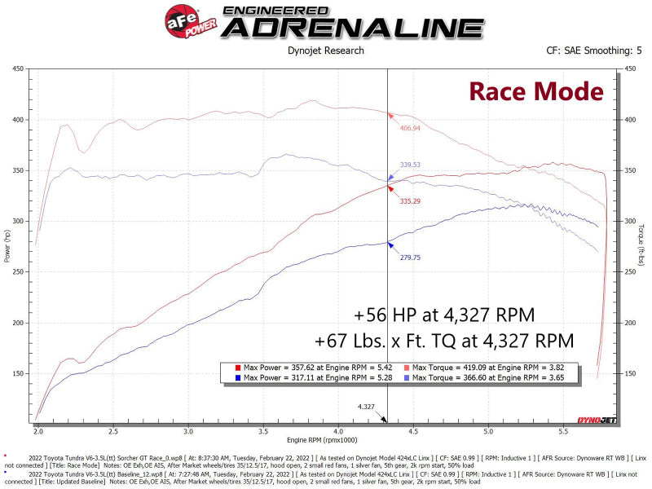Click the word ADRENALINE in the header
(353, 27)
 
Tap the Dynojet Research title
(326, 51)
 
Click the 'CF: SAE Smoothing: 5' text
(594, 51)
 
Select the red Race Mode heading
(535, 91)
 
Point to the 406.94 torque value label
(410, 128)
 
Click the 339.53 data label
(410, 165)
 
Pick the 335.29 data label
(410, 200)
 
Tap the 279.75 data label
(410, 257)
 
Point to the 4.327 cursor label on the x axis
(366, 405)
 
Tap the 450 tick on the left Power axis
(16, 68)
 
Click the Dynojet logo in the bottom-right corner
(598, 419)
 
